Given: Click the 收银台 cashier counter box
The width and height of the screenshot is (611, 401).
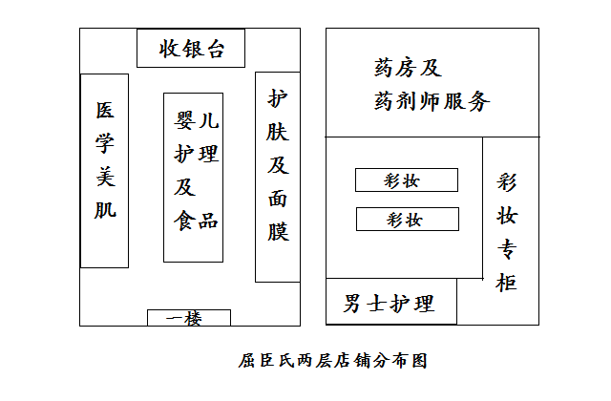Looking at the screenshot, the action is pos(191,48).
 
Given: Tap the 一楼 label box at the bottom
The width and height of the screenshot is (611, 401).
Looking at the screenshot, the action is pos(189,318).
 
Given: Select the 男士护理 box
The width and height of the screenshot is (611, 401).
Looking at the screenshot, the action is pos(391,302).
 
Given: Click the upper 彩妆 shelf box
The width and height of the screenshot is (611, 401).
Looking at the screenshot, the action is pos(407,180).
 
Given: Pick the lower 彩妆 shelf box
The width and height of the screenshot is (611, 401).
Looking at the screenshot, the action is pos(408,219).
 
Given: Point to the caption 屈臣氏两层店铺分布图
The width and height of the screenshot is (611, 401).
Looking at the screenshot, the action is pos(333,361).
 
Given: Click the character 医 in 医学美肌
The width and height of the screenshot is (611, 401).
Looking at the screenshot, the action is pos(105,111).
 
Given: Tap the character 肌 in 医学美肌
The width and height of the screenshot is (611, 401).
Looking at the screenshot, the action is pos(105,210).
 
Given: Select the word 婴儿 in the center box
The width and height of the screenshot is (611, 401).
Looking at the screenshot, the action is pos(196,119).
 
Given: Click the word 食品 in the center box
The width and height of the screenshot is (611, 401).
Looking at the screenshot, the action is pos(196,221).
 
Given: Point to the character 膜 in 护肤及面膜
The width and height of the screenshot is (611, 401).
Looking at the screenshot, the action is pos(278,231).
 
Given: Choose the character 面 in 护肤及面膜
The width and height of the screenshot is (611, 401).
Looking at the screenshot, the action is pos(278,199).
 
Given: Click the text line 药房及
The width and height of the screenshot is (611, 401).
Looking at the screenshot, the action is pos(408,68).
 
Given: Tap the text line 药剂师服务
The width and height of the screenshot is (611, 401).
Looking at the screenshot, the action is pos(432,101).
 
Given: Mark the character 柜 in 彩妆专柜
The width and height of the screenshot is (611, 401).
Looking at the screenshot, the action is pos(507,283).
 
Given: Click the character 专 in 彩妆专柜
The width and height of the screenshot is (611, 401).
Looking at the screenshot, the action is pos(507,249).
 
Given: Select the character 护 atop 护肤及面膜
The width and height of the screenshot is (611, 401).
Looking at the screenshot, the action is pos(278,98).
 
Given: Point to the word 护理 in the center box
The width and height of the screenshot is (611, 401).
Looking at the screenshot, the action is pos(196,154).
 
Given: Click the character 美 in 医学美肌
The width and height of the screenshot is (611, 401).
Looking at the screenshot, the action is pos(105,177).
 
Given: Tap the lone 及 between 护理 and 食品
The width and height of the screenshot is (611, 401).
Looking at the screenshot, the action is pos(184,187).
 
